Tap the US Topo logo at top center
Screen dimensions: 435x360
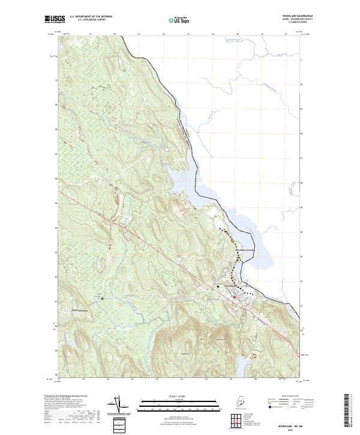coord(180,20)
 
